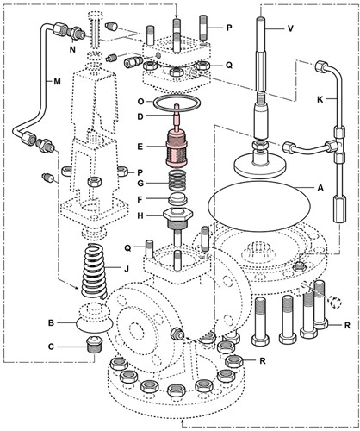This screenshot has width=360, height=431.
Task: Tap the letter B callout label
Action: (51, 322)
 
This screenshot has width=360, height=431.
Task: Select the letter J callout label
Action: (126, 266)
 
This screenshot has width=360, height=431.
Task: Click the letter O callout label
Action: (140, 102)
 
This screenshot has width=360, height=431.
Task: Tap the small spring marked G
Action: (178, 182)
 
